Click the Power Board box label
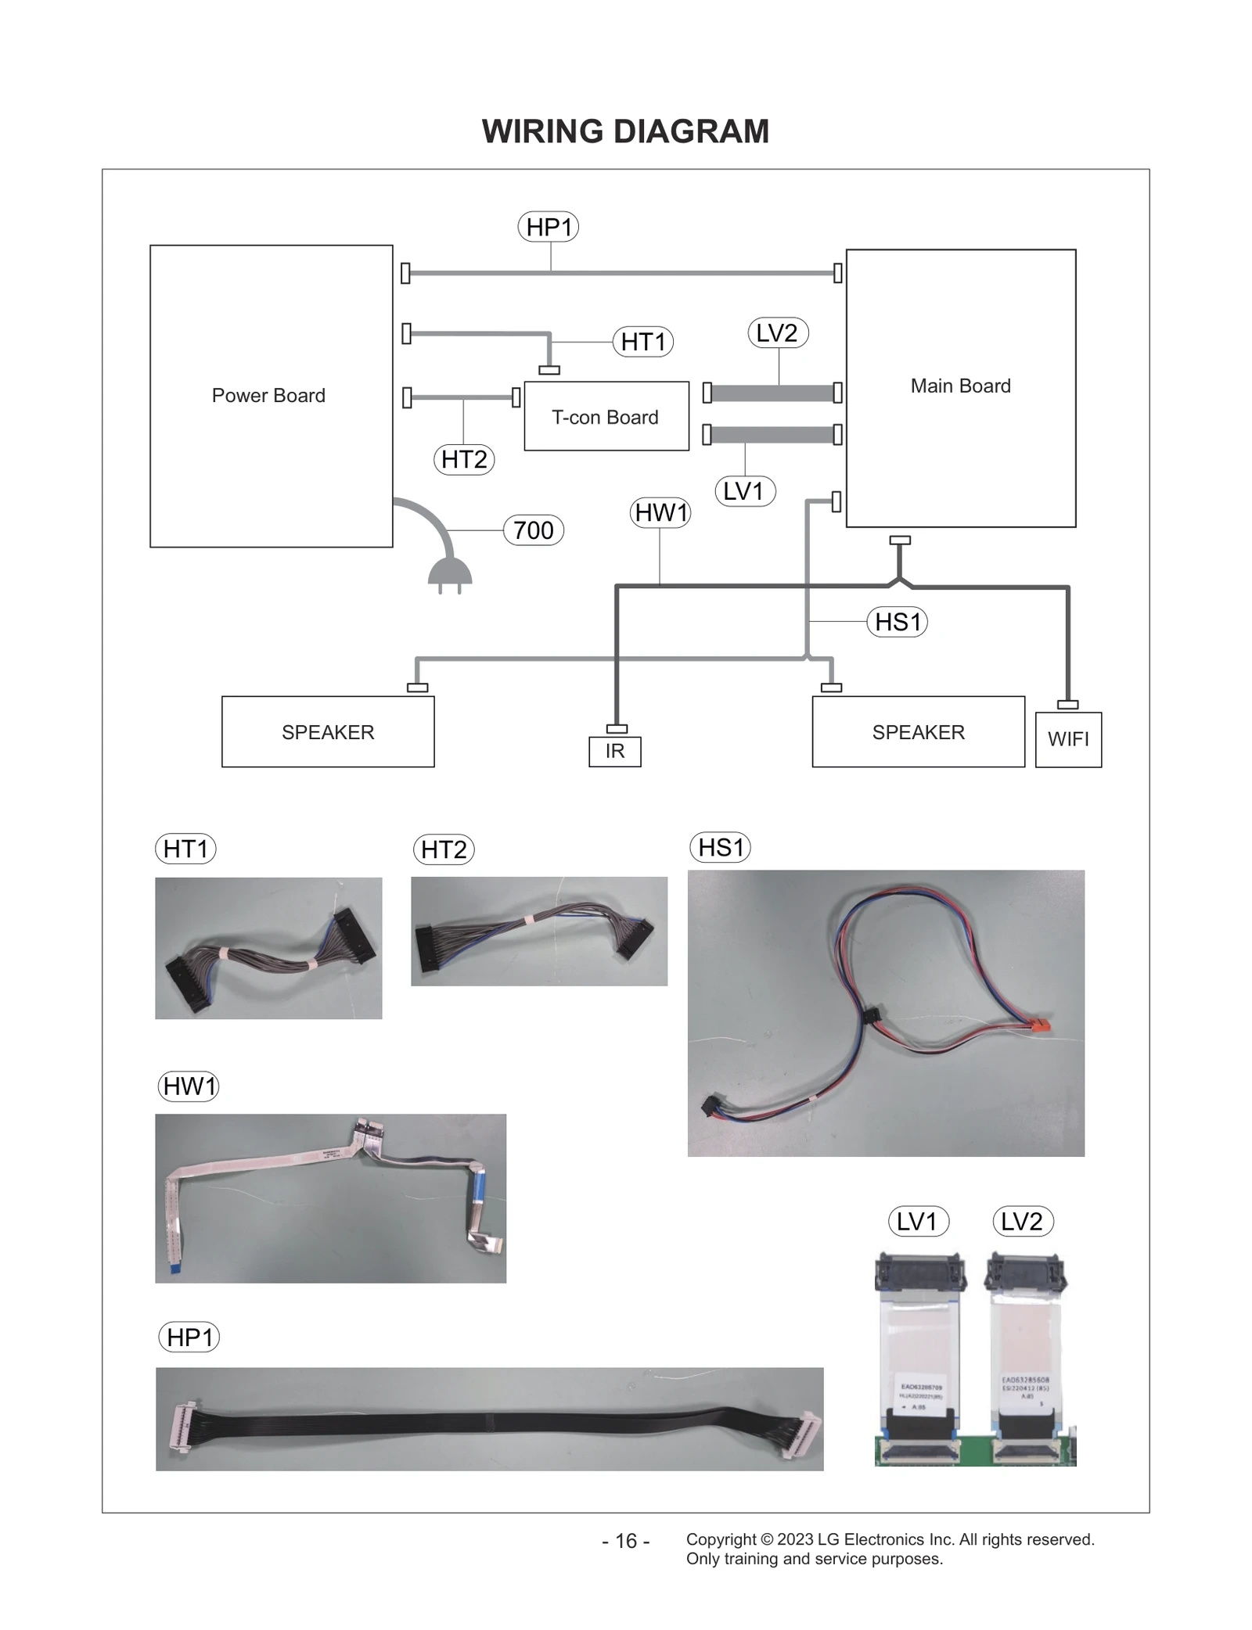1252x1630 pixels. pos(268,396)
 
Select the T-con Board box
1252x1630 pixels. pos(606,417)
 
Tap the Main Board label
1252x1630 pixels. pos(960,386)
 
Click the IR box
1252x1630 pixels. pos(614,752)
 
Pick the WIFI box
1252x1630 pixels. pos(1068,739)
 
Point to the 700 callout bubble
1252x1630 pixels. pos(534,530)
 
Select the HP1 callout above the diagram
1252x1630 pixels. pos(549,228)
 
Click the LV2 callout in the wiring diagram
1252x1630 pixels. pos(777,333)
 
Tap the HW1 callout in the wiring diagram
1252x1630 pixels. pos(660,513)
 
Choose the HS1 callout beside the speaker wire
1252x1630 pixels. pos(898,623)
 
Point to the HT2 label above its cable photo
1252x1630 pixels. pos(444,849)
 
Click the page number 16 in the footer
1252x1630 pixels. pos(626,1541)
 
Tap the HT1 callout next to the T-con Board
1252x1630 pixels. pos(642,342)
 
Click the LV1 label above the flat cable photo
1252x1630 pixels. pos(918,1222)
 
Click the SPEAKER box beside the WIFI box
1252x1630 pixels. pos(918,732)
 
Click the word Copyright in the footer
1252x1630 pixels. pos(721,1539)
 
